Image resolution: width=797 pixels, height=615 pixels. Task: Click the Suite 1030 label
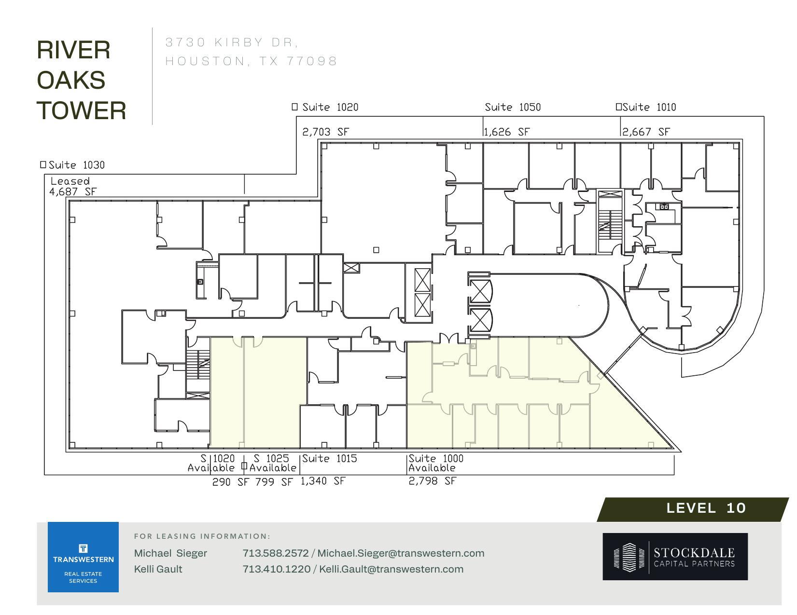pos(76,165)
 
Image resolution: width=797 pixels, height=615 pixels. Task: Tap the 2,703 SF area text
pos(325,132)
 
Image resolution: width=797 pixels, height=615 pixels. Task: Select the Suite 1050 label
pos(513,107)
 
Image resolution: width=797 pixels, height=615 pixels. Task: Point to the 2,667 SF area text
pos(646,132)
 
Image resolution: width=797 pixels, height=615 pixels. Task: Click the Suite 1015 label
pos(330,458)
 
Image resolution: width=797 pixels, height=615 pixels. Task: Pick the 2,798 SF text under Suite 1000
pos(432,481)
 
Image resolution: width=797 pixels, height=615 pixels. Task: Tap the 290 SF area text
pos(230,482)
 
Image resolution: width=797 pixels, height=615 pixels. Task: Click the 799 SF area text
pos(274,482)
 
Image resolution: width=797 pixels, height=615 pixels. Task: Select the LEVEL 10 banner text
pos(706,508)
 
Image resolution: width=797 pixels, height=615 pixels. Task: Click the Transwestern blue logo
pos(83,557)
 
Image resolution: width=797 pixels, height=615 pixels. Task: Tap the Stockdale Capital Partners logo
pos(675,557)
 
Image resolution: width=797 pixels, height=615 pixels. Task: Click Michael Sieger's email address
pos(401,553)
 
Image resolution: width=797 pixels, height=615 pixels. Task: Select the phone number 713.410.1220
pos(276,569)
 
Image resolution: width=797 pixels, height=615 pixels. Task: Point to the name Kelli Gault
pos(158,569)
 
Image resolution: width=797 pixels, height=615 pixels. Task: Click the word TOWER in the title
pos(81,110)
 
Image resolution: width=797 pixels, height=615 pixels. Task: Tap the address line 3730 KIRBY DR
pos(232,42)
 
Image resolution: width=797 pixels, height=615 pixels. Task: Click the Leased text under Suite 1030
pos(70,181)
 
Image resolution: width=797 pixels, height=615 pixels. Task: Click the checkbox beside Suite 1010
pos(618,107)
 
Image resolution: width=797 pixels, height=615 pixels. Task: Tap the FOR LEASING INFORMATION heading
pos(202,536)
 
